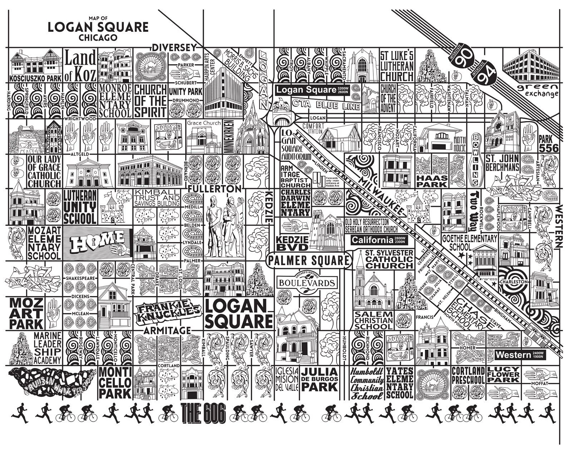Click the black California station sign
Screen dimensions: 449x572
[x=378, y=240]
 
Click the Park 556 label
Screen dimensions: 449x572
[x=549, y=143]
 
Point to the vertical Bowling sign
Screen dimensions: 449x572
[x=476, y=159]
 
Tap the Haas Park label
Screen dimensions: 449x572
[x=432, y=181]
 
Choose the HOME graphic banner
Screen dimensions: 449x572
[x=97, y=244]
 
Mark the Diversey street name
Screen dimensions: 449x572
[x=174, y=48]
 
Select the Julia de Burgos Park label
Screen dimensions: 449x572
[x=319, y=379]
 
